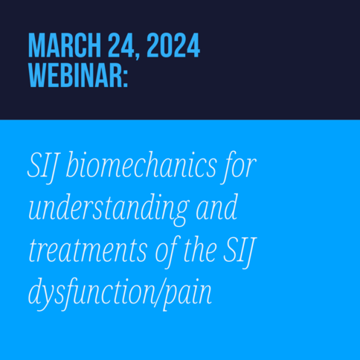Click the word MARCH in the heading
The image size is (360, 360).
[x=65, y=45]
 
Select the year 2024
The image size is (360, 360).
[x=173, y=45]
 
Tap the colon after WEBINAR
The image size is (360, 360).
[x=125, y=78]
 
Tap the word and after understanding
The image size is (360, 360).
[x=216, y=207]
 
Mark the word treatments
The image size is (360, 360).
[x=88, y=251]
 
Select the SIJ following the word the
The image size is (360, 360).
[x=240, y=252]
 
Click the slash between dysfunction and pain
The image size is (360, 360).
[x=159, y=293]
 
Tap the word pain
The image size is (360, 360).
[x=187, y=295]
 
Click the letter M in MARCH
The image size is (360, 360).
[x=36, y=45]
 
